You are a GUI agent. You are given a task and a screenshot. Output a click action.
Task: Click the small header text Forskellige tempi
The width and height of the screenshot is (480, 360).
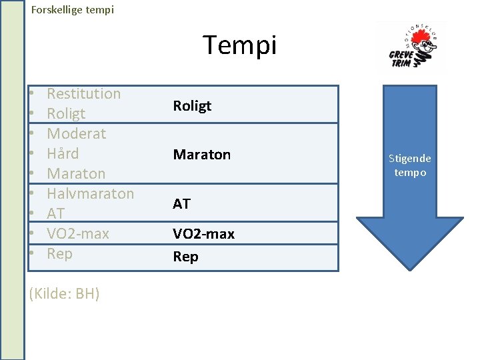pos(73,10)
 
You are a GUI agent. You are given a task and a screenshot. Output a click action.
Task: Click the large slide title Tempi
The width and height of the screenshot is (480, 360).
pos(239,45)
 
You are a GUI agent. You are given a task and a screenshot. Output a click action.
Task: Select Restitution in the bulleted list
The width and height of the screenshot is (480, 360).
pos(84,93)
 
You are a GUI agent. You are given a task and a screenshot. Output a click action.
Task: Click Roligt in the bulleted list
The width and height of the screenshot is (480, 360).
pos(66,113)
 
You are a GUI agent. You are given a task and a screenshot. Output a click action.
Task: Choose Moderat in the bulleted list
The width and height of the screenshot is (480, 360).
pos(77,133)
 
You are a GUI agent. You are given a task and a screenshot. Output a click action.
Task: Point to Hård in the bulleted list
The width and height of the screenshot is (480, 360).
pos(63,153)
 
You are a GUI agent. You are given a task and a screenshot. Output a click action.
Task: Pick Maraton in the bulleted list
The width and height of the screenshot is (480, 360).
pos(76,173)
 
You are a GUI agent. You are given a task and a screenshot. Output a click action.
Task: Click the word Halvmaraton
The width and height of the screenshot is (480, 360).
pos(91,193)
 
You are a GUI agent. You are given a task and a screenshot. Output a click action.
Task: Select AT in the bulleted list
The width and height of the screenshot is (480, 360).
pos(56,213)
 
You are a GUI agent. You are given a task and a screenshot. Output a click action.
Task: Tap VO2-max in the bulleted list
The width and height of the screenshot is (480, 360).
pos(78,233)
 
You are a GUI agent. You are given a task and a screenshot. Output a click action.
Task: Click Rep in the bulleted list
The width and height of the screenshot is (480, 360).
pos(59,253)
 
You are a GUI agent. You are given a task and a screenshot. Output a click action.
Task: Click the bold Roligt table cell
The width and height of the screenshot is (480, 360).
pos(192,105)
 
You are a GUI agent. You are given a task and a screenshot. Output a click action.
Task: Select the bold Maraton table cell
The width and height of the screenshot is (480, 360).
pos(202,155)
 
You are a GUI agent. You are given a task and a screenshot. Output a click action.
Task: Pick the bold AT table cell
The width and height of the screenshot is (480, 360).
pos(181,204)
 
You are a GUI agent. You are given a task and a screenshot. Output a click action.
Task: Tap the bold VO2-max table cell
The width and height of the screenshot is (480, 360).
pos(204,234)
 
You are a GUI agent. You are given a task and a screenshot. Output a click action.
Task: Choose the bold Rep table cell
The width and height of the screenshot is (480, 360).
pos(185,257)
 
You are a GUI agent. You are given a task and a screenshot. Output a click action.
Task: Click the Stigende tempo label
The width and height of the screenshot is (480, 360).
pos(410,165)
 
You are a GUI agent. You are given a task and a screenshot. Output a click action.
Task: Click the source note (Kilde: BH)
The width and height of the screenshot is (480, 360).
pos(65,293)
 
